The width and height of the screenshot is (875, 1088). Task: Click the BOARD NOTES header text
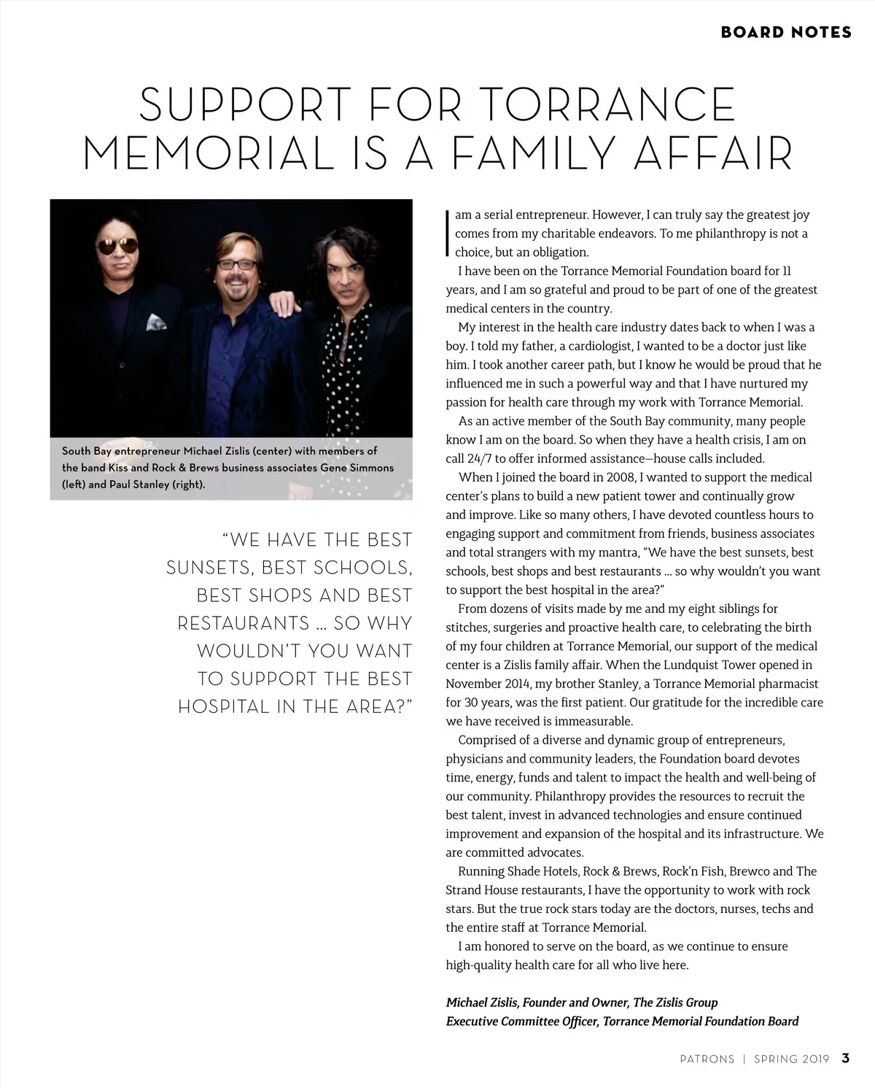786,32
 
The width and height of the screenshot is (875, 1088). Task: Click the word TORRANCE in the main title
609,105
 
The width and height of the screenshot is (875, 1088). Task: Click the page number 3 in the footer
845,1058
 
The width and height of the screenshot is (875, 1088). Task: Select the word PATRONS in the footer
707,1059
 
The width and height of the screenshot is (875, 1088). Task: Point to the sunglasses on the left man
117,247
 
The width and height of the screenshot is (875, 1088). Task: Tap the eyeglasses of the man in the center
237,263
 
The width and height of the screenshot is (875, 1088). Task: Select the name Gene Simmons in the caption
357,468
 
